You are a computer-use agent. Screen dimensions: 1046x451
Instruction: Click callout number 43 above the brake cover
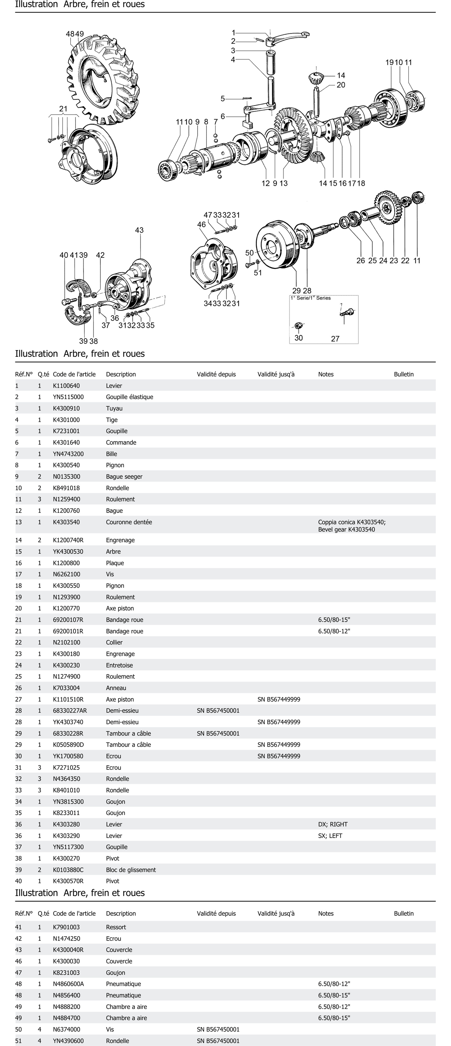click(139, 230)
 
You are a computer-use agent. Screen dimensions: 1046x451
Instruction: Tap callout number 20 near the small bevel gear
click(341, 85)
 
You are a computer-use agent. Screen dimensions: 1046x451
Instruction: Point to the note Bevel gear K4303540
click(346, 530)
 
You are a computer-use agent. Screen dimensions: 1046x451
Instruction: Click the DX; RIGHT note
click(333, 824)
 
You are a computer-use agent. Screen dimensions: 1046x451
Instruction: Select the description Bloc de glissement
click(131, 870)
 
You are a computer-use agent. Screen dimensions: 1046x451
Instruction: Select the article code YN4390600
click(68, 1041)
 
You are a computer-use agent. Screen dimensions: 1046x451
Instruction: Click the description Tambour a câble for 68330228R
click(128, 733)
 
